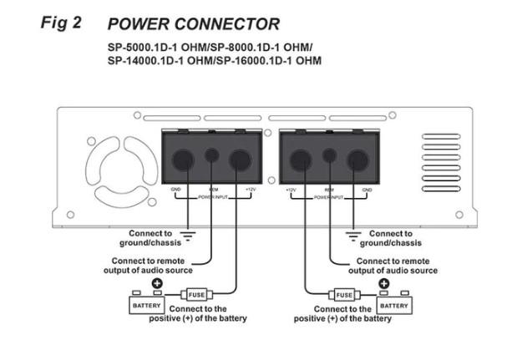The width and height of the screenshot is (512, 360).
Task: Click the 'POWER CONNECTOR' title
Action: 194,23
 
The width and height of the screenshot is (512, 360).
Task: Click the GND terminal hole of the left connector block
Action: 184,160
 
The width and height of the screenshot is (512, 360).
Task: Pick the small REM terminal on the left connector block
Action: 213,155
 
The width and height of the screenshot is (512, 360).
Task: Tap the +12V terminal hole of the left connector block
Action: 241,160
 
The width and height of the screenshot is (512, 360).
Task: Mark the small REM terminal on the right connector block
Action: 331,155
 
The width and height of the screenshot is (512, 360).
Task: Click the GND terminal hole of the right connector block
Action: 358,160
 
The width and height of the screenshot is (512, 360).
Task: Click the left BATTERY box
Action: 147,306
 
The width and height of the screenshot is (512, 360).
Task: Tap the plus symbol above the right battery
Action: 384,284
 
